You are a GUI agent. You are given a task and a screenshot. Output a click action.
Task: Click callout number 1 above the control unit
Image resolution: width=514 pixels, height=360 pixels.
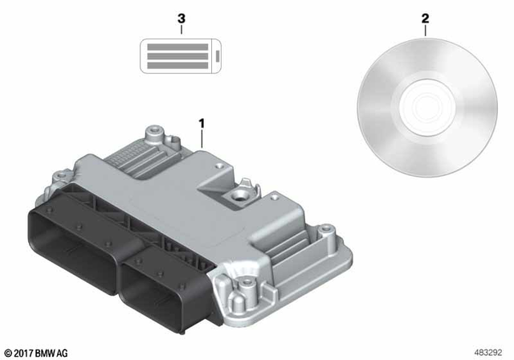pos(202,123)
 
